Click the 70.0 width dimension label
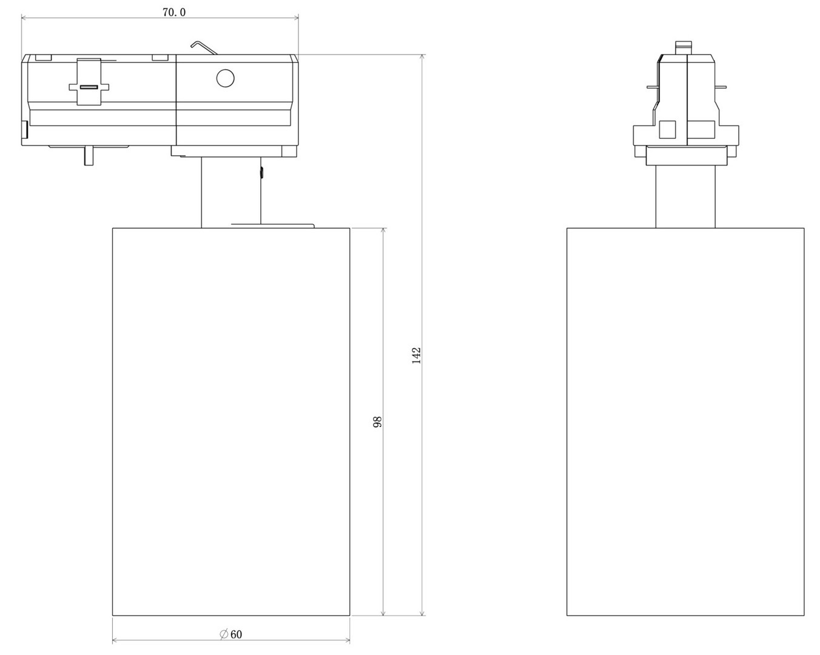coord(173,12)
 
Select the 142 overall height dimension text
coord(416,355)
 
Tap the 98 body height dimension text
coord(377,422)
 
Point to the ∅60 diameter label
coord(231,634)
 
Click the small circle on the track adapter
coord(225,78)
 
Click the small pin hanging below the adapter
coord(89,156)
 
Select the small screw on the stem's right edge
coord(261,173)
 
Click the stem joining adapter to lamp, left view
coord(231,191)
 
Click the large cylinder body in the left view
coord(231,422)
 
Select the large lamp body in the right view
coord(685,422)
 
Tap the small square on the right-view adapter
coord(667,130)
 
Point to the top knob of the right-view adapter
coord(684,47)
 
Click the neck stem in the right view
coord(685,196)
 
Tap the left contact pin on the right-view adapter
coord(652,87)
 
